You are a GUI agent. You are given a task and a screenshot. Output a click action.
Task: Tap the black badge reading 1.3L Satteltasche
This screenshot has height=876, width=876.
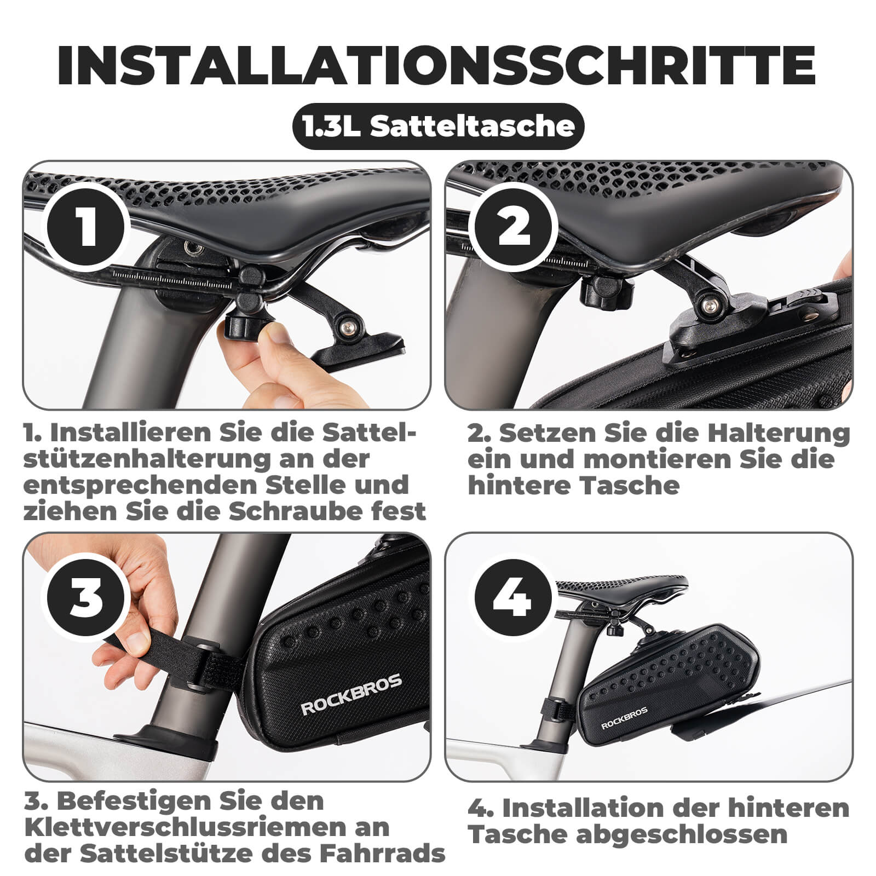[438, 126]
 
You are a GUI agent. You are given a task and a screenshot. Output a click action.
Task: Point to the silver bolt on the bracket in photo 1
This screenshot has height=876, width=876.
[346, 327]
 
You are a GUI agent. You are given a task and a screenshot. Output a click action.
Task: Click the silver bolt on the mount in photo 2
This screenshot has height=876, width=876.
[711, 305]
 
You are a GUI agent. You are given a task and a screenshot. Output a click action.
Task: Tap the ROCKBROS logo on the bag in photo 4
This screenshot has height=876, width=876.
[624, 718]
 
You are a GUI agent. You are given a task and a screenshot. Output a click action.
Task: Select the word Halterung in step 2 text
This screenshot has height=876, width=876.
[778, 433]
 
